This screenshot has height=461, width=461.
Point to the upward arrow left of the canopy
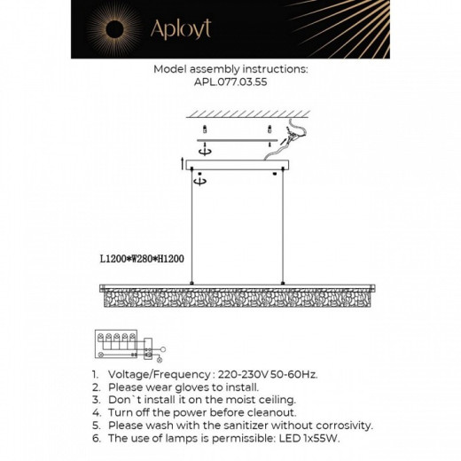point(182,162)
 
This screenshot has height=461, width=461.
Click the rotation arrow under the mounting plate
point(205,150)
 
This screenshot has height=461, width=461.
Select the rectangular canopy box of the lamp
point(236,164)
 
